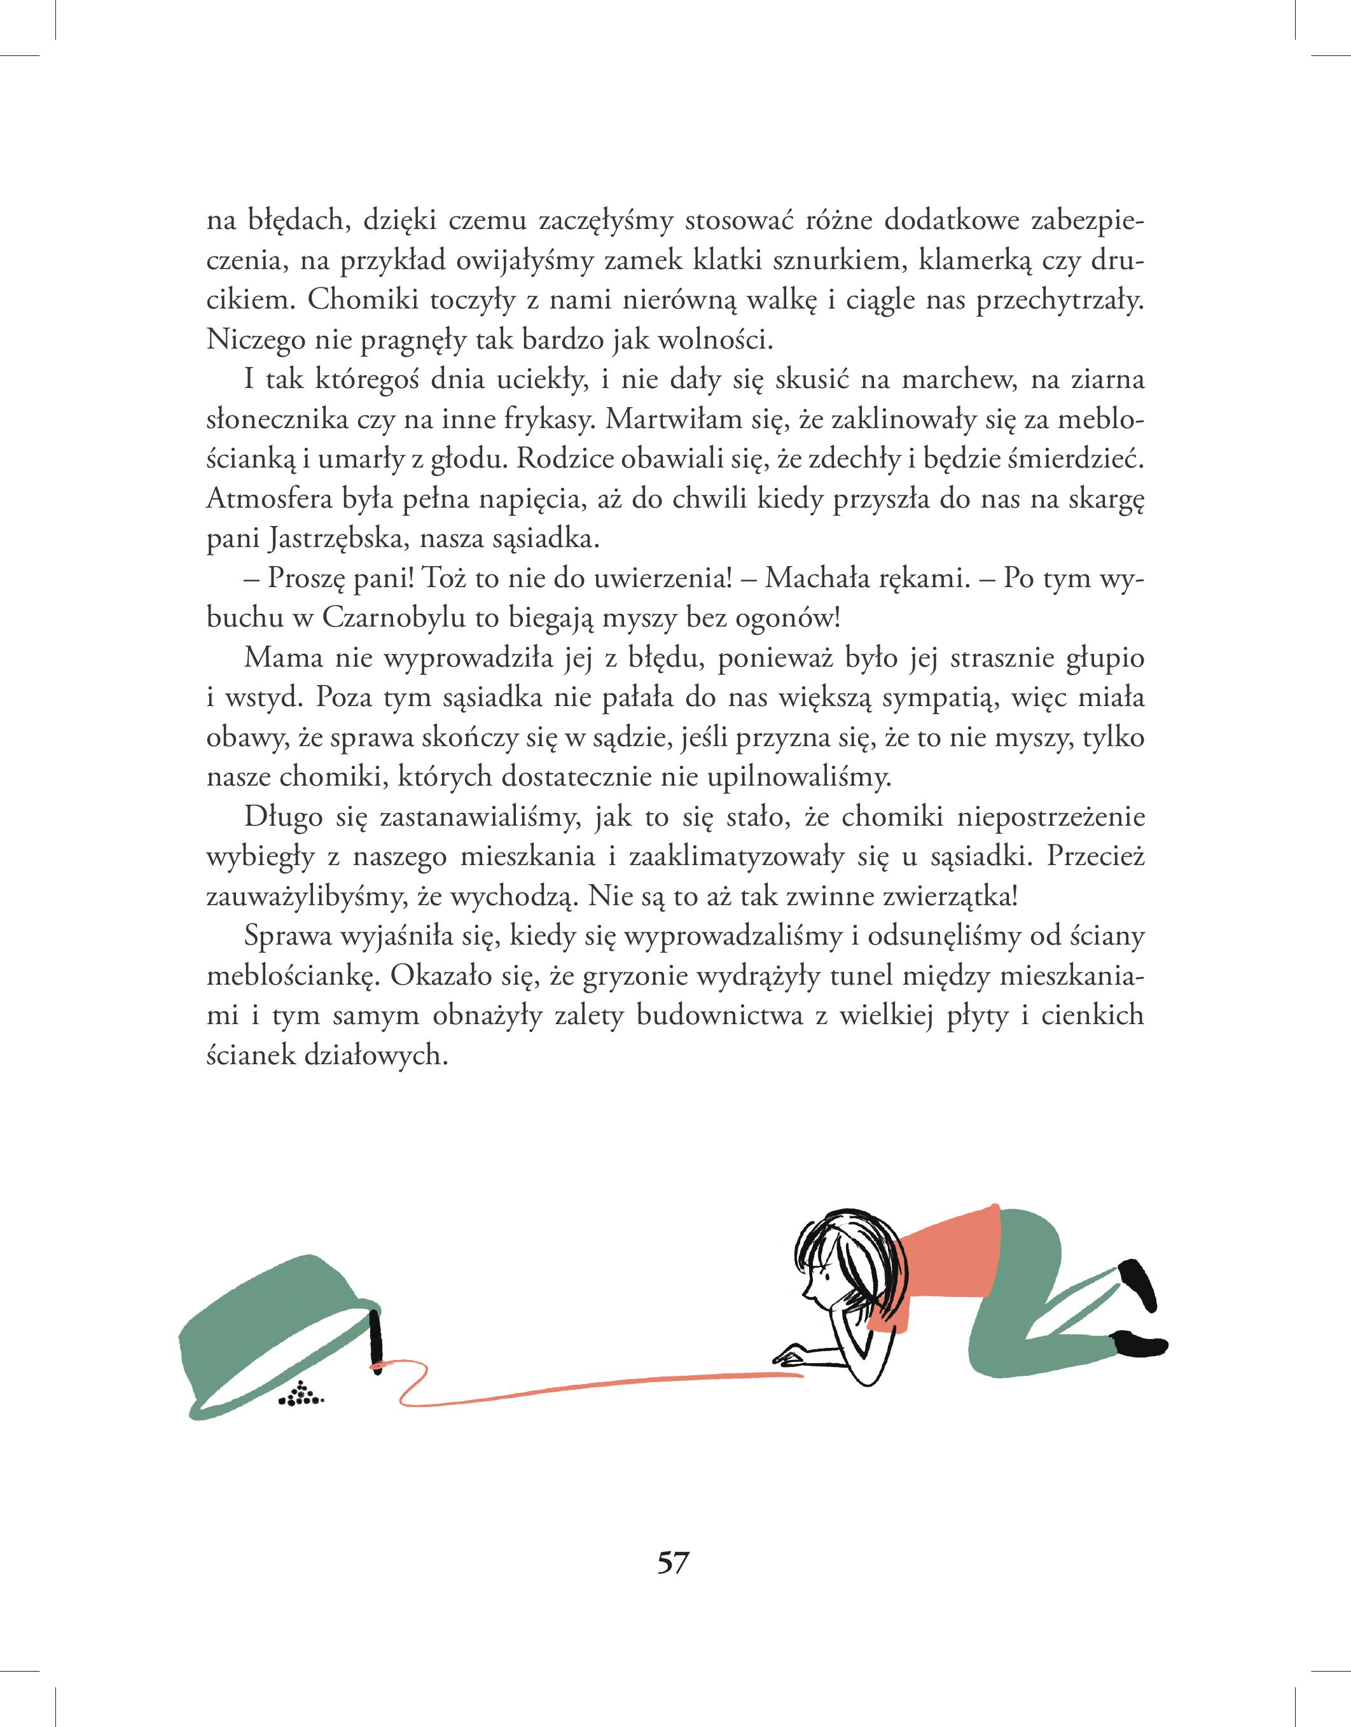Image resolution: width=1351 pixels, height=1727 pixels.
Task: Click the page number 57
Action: click(674, 1564)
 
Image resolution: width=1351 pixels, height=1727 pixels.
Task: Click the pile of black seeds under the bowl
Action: click(301, 1396)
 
